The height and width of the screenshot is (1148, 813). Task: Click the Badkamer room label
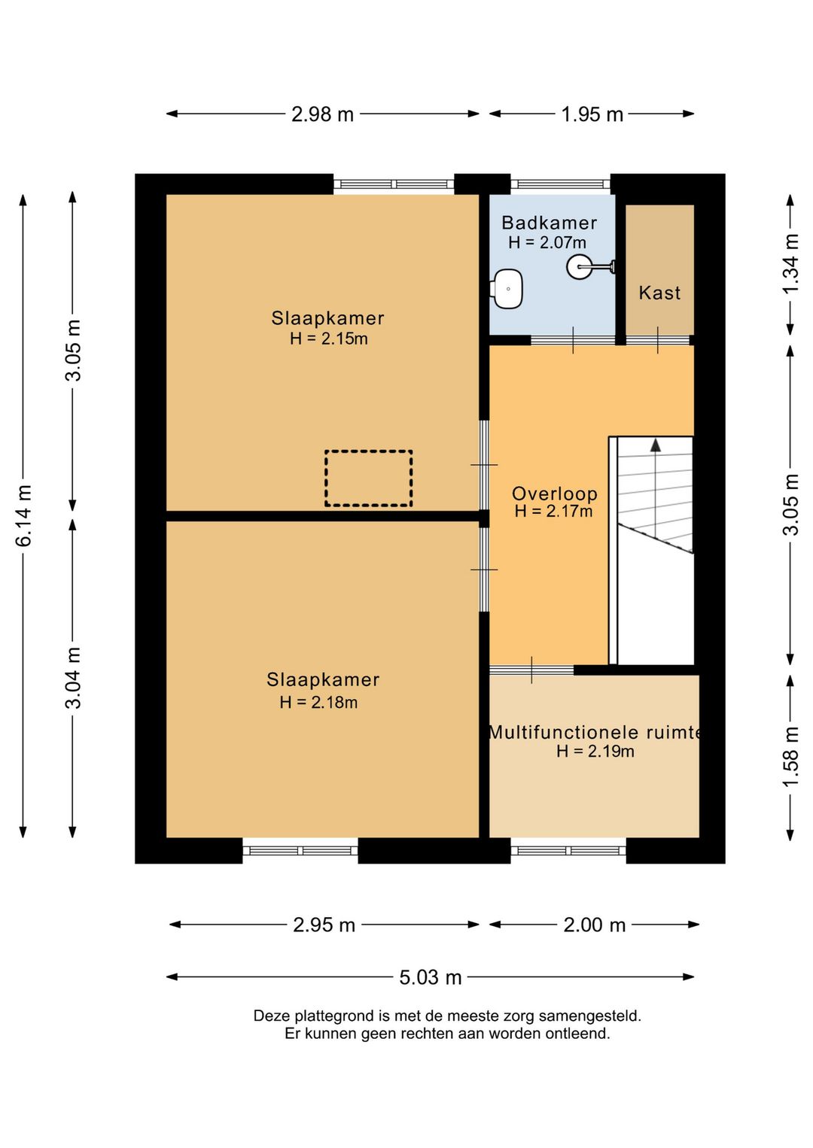coord(549,223)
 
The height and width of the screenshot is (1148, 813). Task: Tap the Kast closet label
coord(659,293)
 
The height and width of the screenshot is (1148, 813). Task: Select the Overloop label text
coord(555,494)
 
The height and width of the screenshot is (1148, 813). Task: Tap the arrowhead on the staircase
coord(656,445)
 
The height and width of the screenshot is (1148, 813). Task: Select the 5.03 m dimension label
coord(431,977)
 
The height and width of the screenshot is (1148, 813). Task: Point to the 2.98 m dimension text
coord(323,114)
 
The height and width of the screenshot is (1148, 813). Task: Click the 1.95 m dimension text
coord(592,114)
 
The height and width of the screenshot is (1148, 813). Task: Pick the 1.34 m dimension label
coord(790,263)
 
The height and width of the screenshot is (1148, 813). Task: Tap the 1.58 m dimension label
coord(790,757)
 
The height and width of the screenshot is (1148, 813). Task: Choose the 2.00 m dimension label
coord(595,925)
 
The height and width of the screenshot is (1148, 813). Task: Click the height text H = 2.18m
coord(318,702)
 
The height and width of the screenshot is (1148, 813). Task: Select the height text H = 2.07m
coord(547,242)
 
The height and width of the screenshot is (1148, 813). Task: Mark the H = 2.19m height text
coord(595,752)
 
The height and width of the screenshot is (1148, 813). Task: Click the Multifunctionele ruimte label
coord(595,732)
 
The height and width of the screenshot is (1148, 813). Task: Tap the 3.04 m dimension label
coord(73,678)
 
